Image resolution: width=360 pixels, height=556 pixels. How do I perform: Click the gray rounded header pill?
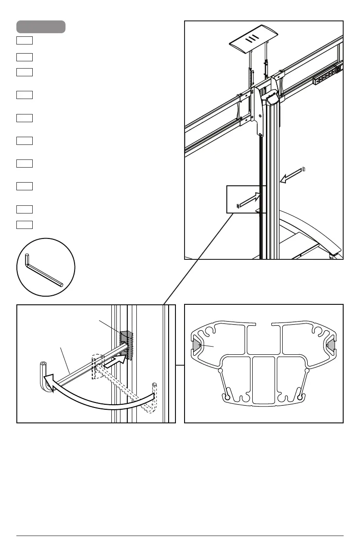[41, 27]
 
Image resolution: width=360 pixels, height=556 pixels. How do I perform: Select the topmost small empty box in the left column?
[25, 40]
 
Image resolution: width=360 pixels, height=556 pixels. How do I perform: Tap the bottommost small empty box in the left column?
[25, 224]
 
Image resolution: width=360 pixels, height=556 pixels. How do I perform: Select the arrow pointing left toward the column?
[290, 177]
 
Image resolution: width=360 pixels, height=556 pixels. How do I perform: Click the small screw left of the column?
[238, 207]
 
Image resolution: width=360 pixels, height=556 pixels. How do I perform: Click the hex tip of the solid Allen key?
[44, 365]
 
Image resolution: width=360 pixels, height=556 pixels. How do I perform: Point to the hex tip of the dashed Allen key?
[155, 385]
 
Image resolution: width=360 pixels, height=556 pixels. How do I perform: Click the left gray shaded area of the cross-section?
[196, 347]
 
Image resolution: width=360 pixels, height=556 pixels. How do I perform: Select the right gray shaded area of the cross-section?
[331, 347]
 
